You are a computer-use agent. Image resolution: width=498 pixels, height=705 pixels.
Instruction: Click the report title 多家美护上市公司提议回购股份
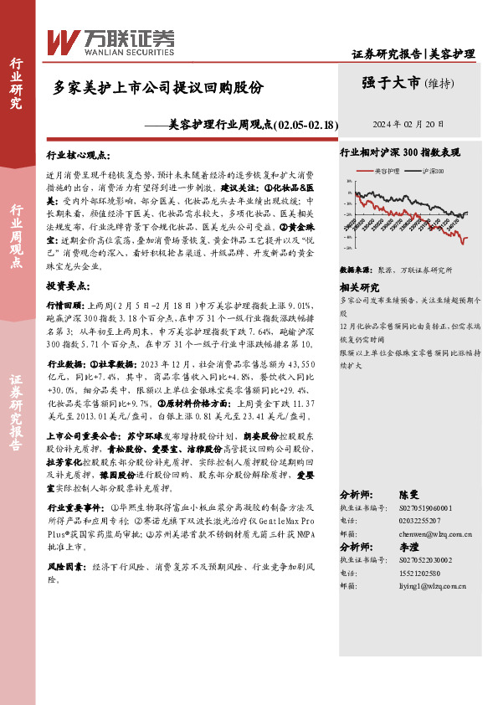[x=159, y=87]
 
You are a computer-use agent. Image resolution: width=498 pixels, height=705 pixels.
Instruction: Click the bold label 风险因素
[x=64, y=567]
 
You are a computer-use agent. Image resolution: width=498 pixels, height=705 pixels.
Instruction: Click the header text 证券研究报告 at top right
[x=387, y=54]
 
